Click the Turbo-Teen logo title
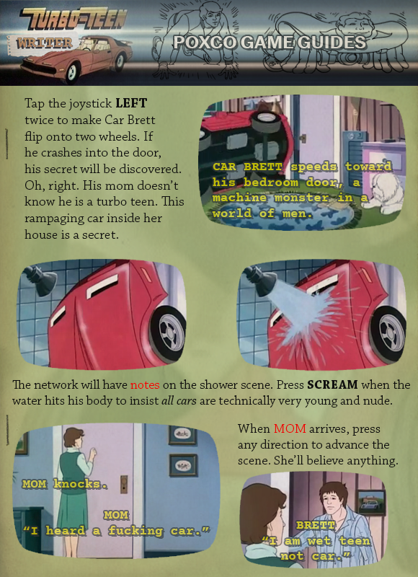[74, 20]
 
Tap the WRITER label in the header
[44, 43]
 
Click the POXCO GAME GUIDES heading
[270, 43]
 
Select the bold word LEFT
[131, 103]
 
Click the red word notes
[145, 385]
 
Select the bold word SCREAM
[332, 385]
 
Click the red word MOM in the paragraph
[290, 428]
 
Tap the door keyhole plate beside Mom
[124, 484]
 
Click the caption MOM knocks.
[65, 484]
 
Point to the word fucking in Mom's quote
[135, 531]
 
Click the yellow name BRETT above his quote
[316, 525]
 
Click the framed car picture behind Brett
[372, 502]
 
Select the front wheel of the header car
[72, 72]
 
